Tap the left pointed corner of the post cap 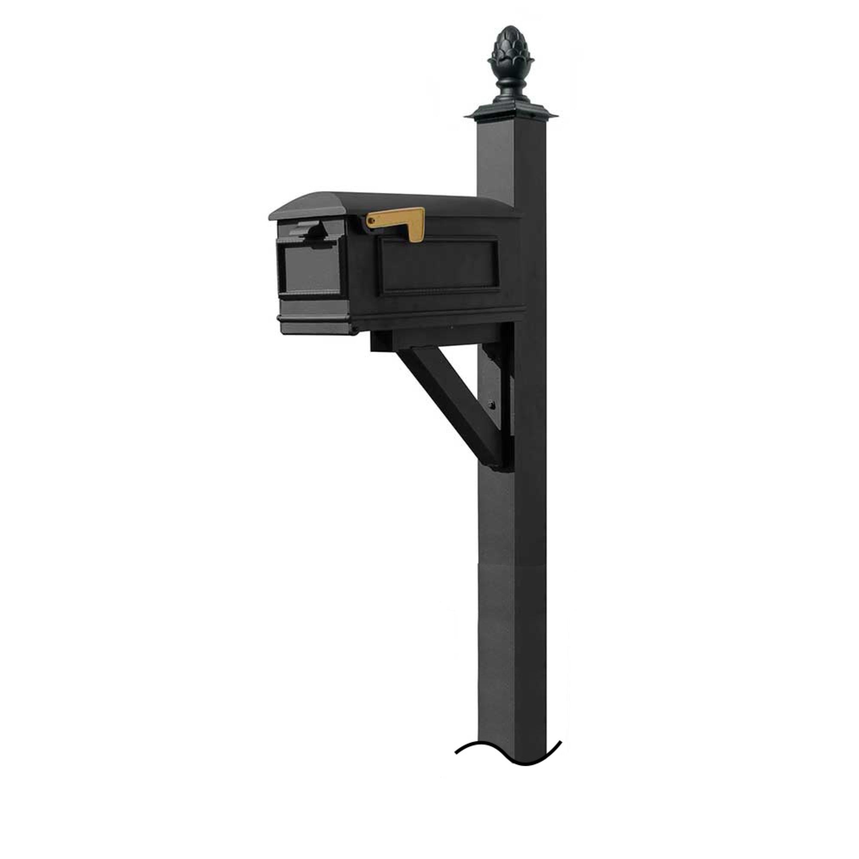(x=465, y=116)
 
